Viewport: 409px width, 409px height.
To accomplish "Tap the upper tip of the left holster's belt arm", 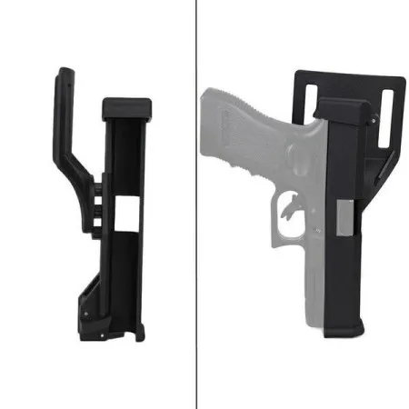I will [x=61, y=73].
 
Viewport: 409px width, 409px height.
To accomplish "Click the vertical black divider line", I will [x=196, y=204].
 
